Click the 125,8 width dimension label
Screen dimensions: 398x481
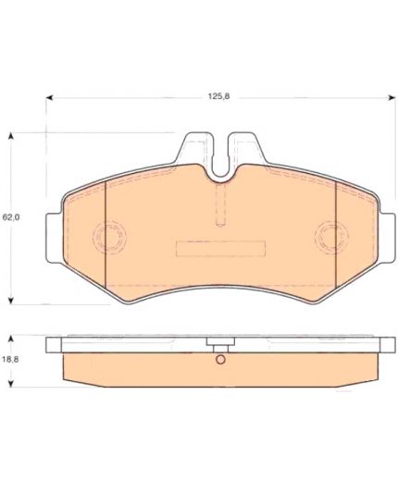tap(218, 96)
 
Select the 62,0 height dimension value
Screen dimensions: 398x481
tap(11, 217)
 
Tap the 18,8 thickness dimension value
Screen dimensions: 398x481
tap(10, 359)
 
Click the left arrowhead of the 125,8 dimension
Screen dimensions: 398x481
tap(50, 98)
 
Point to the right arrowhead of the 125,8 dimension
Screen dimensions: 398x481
tap(392, 98)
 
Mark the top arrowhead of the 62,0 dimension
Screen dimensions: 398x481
tap(11, 137)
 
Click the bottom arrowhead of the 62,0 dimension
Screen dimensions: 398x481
tap(11, 301)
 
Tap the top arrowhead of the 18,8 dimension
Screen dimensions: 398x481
tap(11, 339)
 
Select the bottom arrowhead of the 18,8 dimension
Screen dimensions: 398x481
tap(11, 384)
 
